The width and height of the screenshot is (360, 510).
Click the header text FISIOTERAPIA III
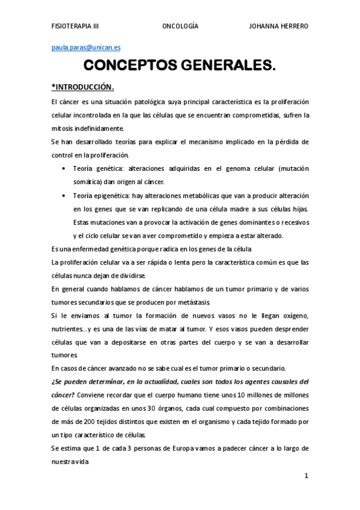coord(75,26)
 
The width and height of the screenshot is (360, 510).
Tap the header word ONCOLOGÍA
coord(180,26)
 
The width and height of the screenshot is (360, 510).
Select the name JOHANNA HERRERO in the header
coord(279,26)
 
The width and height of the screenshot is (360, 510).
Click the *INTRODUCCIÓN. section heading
coord(83,85)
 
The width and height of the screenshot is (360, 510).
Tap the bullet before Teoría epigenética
coord(64,195)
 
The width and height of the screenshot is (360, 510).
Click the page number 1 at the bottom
coord(306,475)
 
